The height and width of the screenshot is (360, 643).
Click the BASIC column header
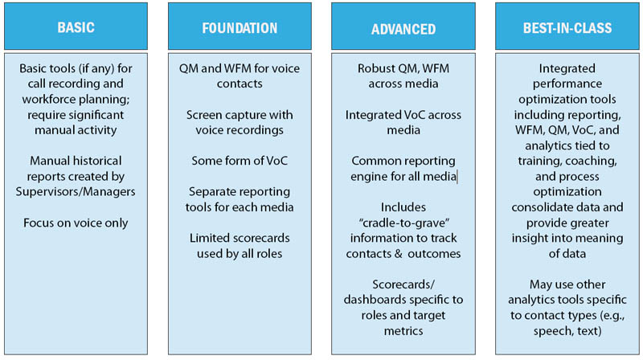[76, 27]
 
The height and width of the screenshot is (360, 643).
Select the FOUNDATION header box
[240, 27]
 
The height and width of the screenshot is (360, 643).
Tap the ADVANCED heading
[403, 27]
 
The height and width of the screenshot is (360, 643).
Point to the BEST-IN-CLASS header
[567, 27]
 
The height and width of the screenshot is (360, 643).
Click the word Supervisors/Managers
[76, 192]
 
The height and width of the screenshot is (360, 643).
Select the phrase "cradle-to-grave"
[404, 223]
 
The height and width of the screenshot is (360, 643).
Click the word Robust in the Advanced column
[372, 68]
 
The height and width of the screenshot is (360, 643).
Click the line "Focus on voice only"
[76, 223]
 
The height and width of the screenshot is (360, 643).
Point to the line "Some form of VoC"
[240, 161]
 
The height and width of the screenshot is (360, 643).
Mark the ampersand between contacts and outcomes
[398, 254]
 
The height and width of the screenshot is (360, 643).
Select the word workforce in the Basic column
[47, 99]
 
